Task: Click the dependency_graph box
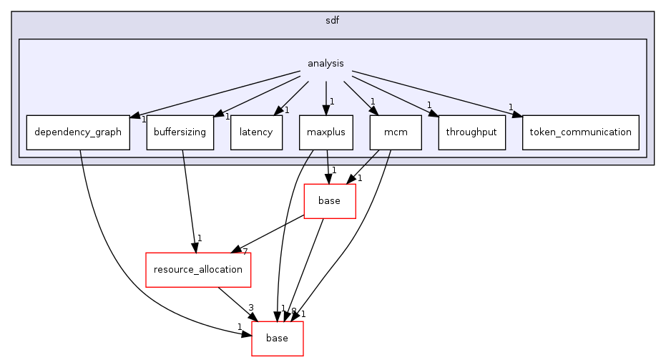[x=78, y=132]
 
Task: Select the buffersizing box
[x=180, y=132]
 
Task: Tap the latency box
[x=256, y=132]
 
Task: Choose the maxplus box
[x=326, y=132]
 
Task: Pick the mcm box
[x=396, y=132]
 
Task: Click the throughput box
[x=471, y=132]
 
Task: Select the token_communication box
[x=580, y=132]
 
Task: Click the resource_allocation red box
[x=198, y=270]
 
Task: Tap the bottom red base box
[x=277, y=339]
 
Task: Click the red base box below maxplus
[x=329, y=201]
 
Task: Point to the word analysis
[x=325, y=64]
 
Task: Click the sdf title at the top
[x=332, y=21]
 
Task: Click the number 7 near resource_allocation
[x=245, y=251]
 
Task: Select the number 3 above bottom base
[x=251, y=308]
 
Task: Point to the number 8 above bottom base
[x=293, y=311]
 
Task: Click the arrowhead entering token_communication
[x=517, y=113]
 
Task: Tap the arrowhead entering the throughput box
[x=432, y=112]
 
